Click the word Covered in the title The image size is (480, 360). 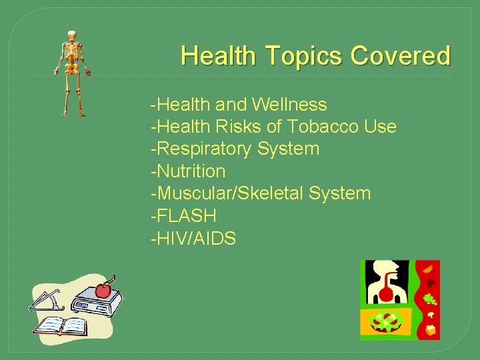click(401, 55)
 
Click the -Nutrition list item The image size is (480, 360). click(188, 171)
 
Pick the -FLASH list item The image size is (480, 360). click(183, 215)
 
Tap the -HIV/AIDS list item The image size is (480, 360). click(193, 238)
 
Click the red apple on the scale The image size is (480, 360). click(103, 289)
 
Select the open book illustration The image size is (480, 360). click(62, 325)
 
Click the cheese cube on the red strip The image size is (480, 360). click(431, 329)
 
